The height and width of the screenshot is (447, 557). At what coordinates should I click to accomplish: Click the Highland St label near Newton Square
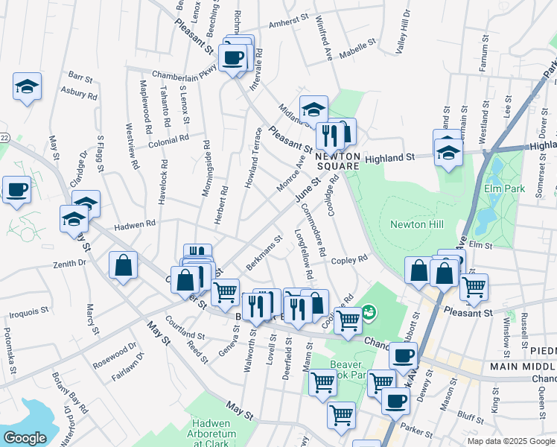click(389, 158)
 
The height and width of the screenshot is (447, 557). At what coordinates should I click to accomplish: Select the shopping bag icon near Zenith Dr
click(123, 265)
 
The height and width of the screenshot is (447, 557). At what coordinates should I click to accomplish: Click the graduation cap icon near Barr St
click(27, 87)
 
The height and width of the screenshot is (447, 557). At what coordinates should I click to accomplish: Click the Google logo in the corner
click(25, 438)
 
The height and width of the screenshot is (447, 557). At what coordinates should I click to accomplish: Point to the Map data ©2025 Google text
click(511, 441)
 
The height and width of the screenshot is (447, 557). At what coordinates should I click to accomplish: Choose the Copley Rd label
click(350, 260)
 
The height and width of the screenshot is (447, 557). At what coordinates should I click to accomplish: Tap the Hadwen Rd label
click(134, 223)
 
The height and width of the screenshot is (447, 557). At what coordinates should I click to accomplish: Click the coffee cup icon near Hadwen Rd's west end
click(16, 189)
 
